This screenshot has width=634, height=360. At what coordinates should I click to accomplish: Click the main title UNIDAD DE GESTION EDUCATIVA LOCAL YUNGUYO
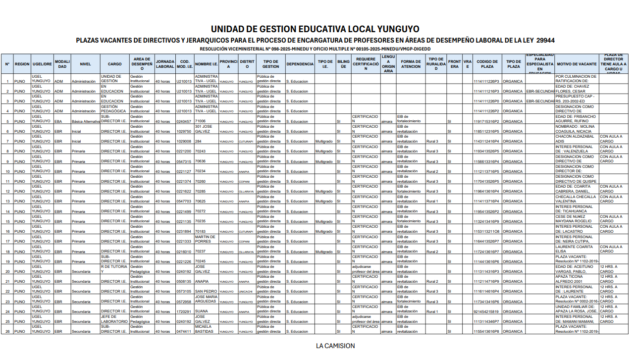tap(315, 29)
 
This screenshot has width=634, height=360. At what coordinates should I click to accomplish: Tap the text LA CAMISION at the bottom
tap(335, 346)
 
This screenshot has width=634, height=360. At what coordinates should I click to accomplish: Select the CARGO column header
tap(114, 64)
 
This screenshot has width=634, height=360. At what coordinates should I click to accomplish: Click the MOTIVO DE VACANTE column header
tap(577, 64)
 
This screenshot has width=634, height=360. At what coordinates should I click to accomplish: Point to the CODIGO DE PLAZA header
tap(487, 64)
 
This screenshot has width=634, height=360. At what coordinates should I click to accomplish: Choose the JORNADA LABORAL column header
tap(165, 64)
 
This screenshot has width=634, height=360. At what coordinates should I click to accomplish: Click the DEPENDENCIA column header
tap(300, 64)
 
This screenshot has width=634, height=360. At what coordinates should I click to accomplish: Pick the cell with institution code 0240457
tap(184, 121)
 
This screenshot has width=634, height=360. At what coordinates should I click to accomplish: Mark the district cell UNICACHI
tap(246, 292)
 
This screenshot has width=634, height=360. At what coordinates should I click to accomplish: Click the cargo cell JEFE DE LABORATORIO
tap(114, 319)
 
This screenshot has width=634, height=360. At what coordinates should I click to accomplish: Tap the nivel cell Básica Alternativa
tap(86, 121)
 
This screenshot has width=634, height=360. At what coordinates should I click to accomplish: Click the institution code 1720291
tap(184, 311)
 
